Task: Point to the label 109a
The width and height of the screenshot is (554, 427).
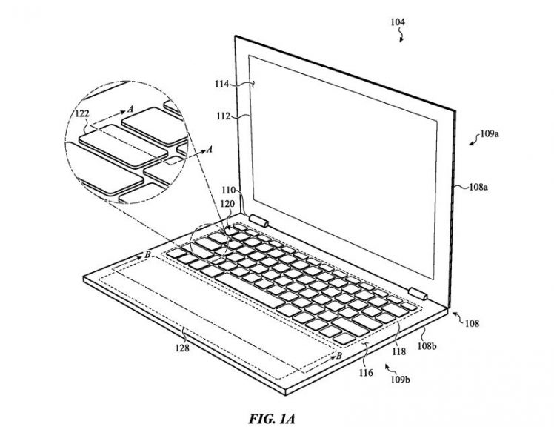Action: [490, 135]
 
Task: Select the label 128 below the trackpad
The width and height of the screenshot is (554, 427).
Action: [181, 347]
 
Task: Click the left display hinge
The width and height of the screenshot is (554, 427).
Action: [259, 219]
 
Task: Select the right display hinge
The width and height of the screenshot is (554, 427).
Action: [416, 293]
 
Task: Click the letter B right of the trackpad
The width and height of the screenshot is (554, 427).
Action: [339, 356]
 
